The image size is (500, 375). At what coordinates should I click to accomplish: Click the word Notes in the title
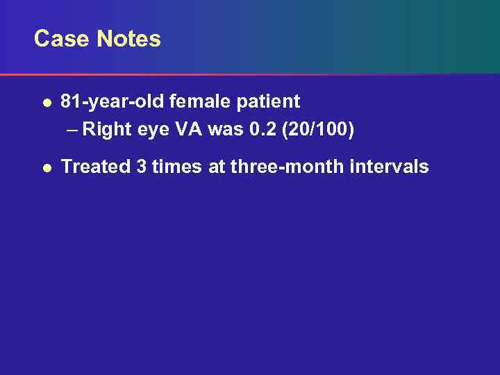(129, 39)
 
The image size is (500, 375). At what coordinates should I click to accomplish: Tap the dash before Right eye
(72, 130)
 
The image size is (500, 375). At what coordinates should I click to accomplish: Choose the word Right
(107, 130)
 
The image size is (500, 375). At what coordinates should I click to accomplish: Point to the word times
(177, 167)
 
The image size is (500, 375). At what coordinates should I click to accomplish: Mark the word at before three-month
(217, 167)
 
